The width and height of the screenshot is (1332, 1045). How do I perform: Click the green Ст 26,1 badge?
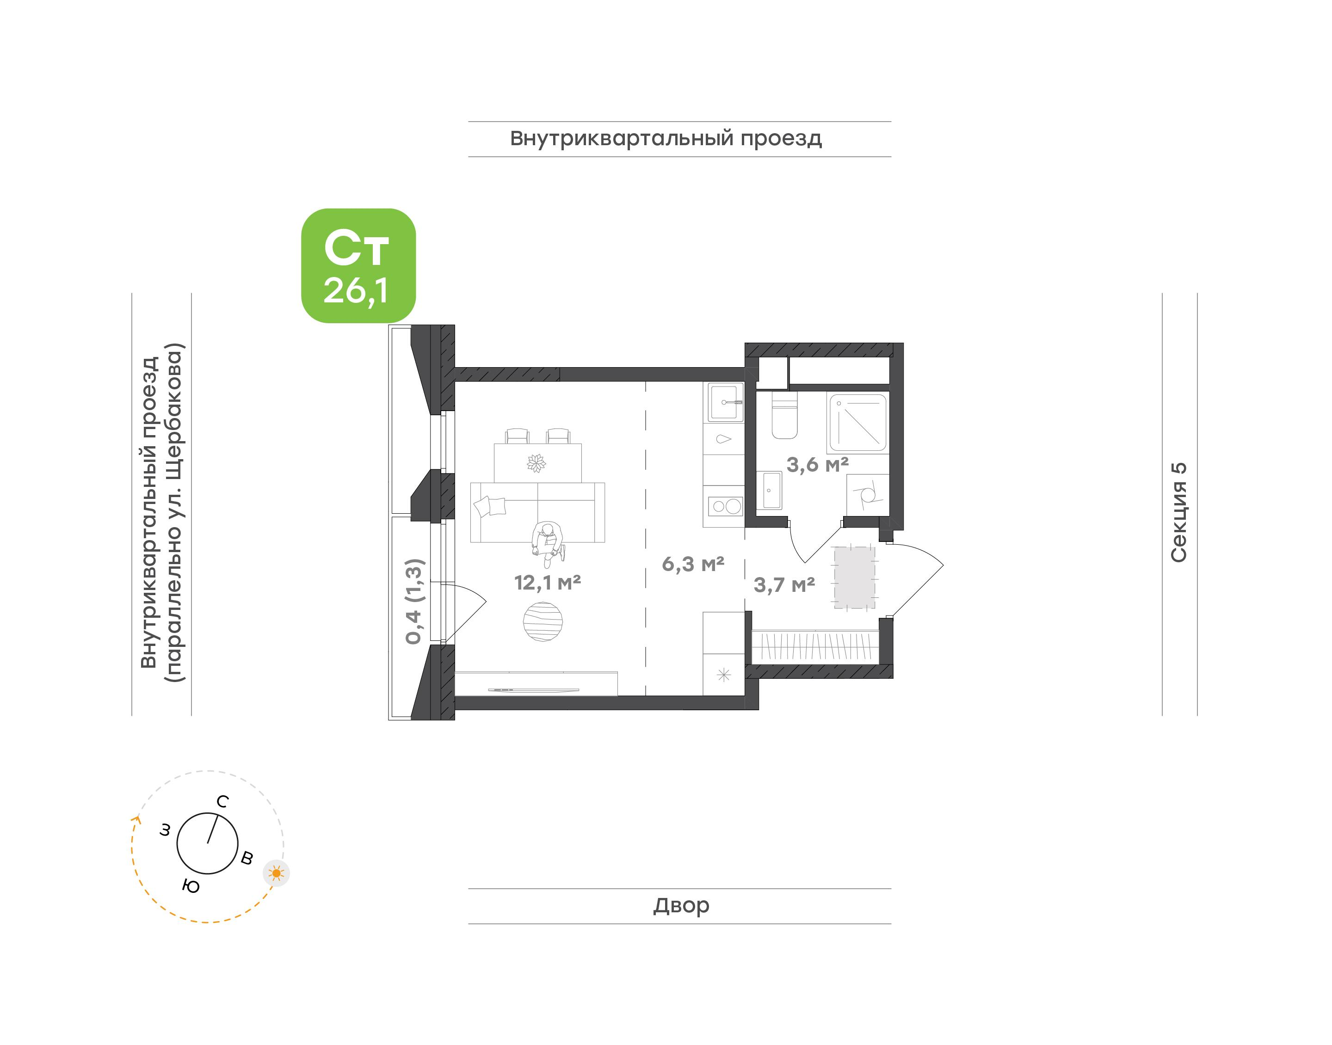[x=358, y=265]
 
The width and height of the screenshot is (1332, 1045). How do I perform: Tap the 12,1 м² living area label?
[x=547, y=583]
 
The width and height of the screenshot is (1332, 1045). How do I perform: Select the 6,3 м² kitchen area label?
[x=693, y=564]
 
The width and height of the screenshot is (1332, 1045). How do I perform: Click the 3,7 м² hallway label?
[x=784, y=585]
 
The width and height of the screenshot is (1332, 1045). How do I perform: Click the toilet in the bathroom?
[x=784, y=415]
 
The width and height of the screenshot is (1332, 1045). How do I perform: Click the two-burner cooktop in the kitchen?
[x=725, y=506]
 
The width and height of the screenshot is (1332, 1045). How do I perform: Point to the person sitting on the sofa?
[x=547, y=541]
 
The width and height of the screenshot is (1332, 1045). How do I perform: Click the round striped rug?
[x=543, y=621]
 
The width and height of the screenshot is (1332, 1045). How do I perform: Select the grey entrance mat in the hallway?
[x=854, y=578]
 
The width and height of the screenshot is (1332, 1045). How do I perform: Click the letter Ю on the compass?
[x=191, y=886]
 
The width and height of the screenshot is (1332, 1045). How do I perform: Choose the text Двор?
[x=681, y=905]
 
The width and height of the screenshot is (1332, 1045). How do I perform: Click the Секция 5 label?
[x=1178, y=512]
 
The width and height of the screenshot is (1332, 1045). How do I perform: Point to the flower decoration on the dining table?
[x=536, y=463]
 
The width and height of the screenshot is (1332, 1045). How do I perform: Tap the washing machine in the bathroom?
[x=868, y=494]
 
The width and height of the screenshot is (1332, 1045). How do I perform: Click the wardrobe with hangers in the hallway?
[x=815, y=647]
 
